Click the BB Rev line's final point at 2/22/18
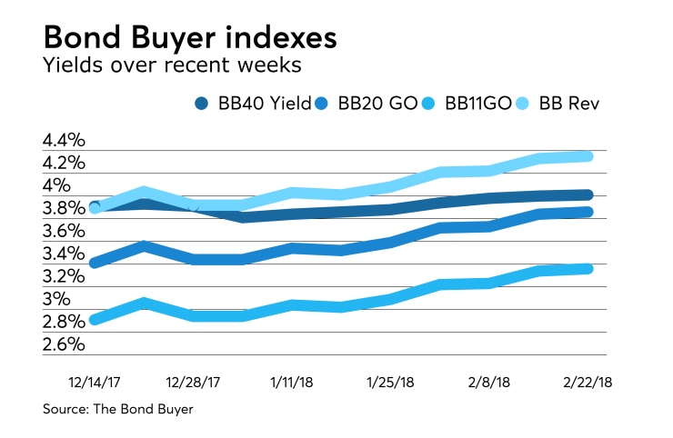click(x=588, y=156)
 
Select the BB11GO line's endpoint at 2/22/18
click(x=588, y=268)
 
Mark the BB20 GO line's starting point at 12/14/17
click(x=95, y=263)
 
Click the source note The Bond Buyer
click(x=118, y=410)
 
